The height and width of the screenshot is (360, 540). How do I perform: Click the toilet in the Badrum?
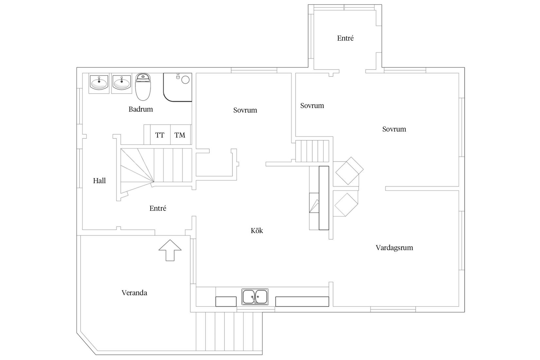pyautogui.click(x=143, y=87)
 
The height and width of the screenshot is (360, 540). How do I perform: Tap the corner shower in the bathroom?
pyautogui.click(x=178, y=87)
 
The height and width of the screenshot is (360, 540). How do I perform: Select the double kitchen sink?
pyautogui.click(x=255, y=297)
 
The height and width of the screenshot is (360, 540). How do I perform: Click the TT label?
pyautogui.click(x=160, y=135)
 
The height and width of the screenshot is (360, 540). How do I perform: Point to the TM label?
pyautogui.click(x=180, y=135)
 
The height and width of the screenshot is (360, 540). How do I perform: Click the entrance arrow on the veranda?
pyautogui.click(x=170, y=250)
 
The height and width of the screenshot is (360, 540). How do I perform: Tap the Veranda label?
pyautogui.click(x=134, y=293)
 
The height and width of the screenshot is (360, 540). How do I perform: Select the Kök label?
pyautogui.click(x=257, y=230)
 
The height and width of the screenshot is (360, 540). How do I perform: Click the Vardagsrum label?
pyautogui.click(x=394, y=248)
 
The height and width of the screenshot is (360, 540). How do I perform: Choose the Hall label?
pyautogui.click(x=99, y=181)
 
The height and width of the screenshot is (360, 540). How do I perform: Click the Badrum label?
pyautogui.click(x=141, y=109)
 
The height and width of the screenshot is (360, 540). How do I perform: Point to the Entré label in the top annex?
pyautogui.click(x=346, y=38)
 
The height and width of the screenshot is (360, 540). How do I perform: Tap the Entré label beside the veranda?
pyautogui.click(x=158, y=208)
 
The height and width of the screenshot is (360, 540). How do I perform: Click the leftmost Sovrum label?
pyautogui.click(x=245, y=110)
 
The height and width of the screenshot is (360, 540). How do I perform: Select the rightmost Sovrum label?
pyautogui.click(x=394, y=129)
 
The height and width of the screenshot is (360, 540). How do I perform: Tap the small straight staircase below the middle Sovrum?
pyautogui.click(x=313, y=151)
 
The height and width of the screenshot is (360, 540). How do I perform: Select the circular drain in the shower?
pyautogui.click(x=185, y=80)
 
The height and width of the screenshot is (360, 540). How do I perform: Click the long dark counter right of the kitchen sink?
pyautogui.click(x=302, y=301)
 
